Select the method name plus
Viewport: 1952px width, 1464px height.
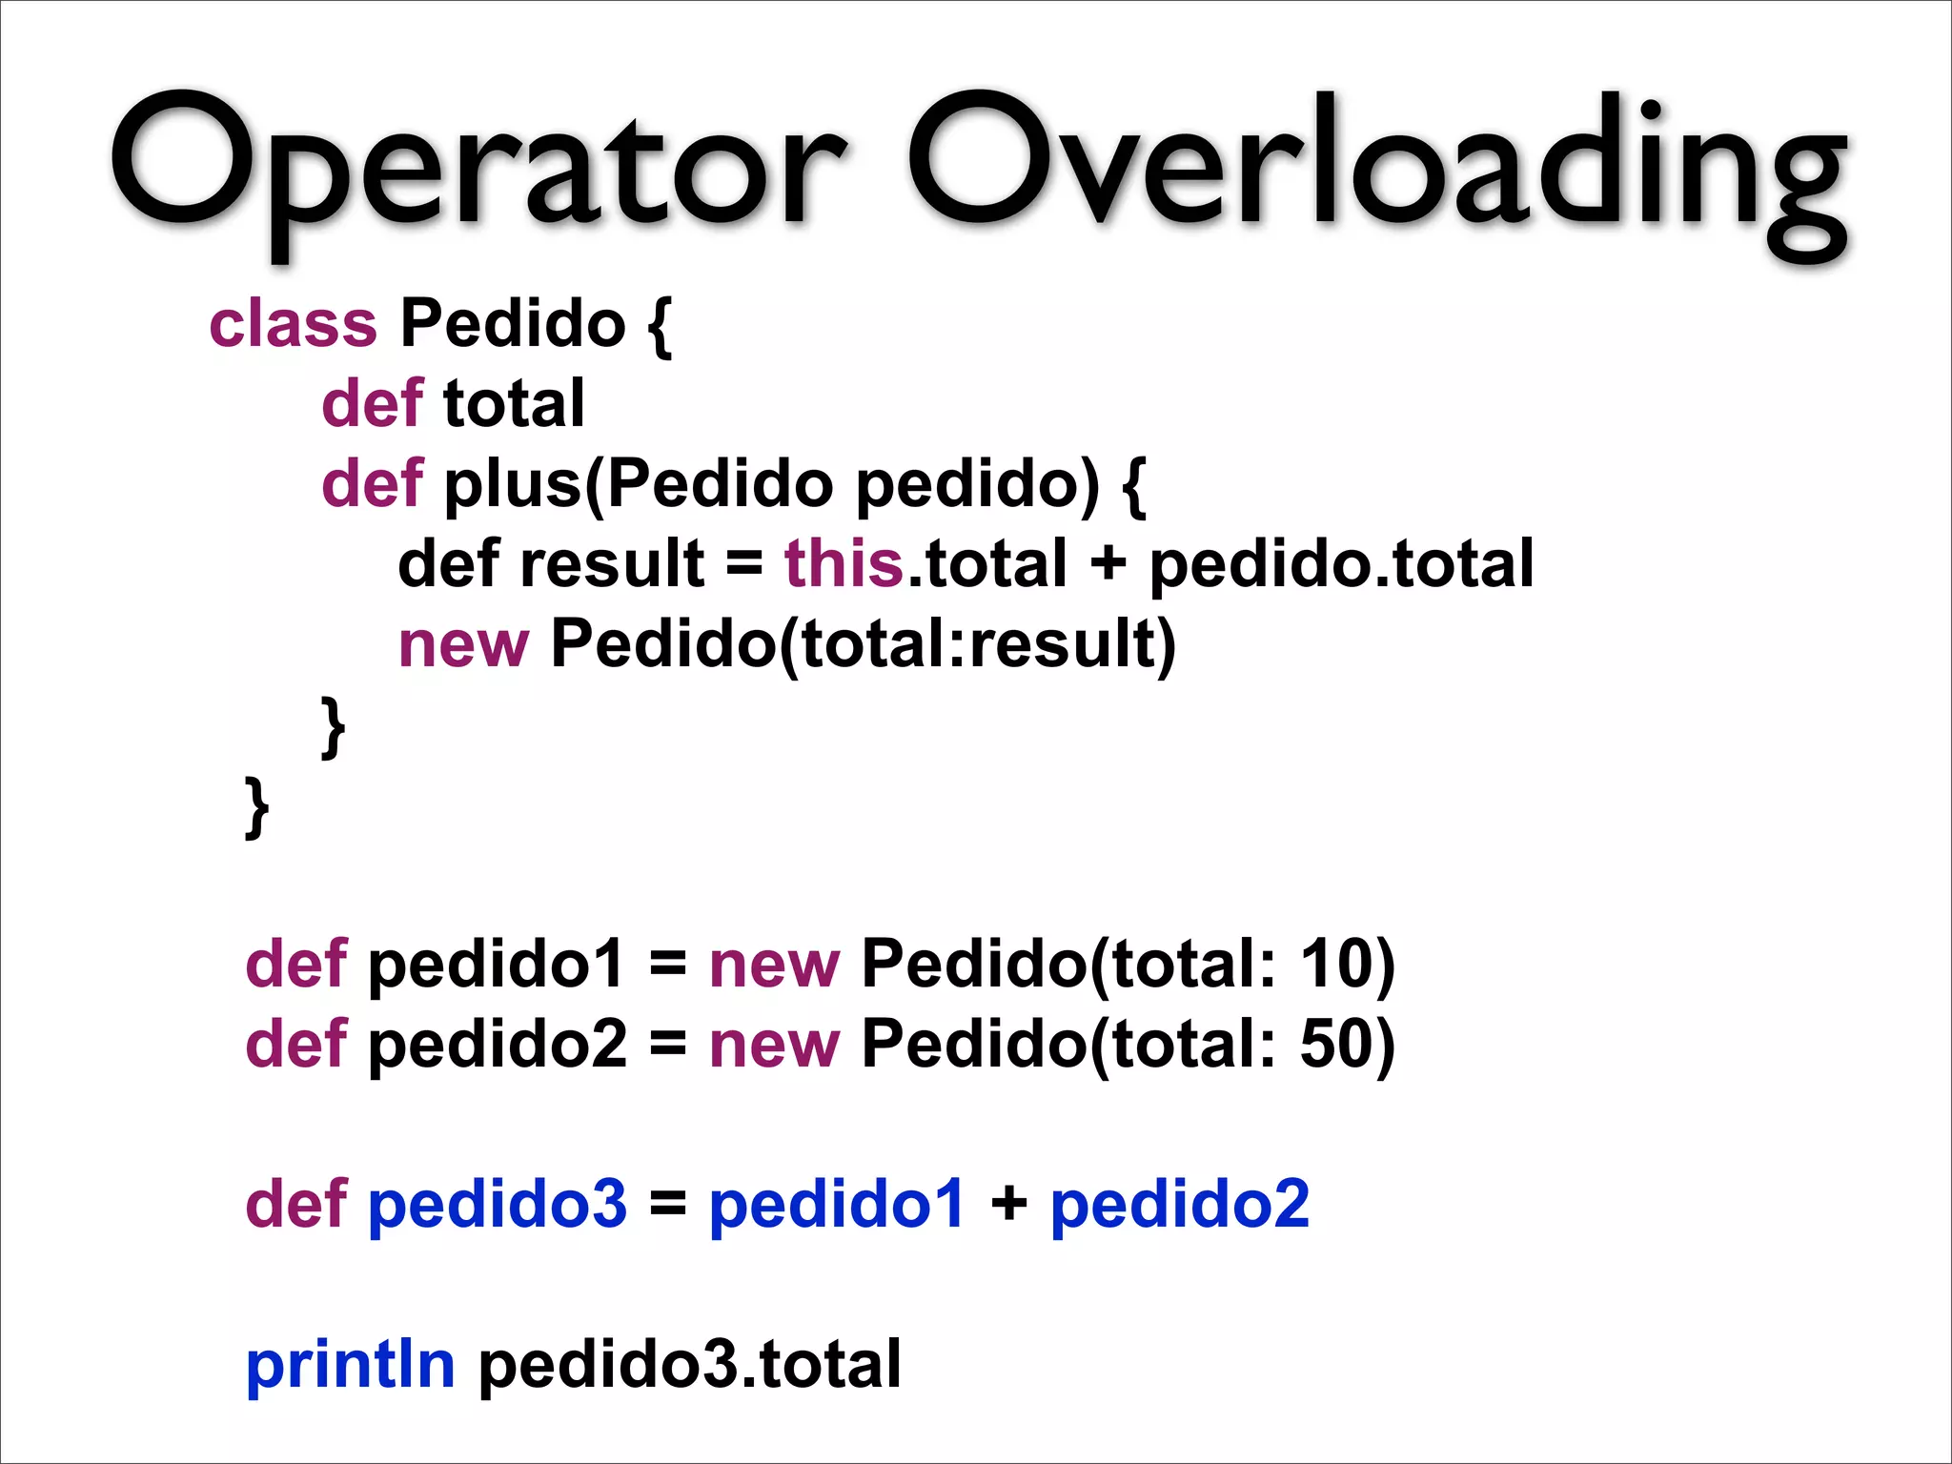click(513, 484)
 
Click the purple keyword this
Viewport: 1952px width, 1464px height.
click(844, 564)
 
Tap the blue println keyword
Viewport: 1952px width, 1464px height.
click(351, 1364)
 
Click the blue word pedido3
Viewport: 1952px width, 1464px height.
click(498, 1204)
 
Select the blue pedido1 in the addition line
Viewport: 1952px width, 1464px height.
click(837, 1204)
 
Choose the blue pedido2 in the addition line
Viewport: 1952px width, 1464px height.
click(1180, 1204)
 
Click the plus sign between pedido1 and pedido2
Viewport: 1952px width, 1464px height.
click(1008, 1204)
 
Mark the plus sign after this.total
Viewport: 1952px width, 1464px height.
click(1108, 564)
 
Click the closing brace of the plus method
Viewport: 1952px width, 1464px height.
click(332, 726)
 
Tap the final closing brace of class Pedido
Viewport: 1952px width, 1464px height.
click(255, 806)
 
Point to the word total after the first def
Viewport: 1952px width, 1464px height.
click(514, 404)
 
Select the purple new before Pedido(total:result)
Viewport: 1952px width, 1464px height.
click(462, 644)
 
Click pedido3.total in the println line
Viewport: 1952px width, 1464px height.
click(689, 1364)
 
